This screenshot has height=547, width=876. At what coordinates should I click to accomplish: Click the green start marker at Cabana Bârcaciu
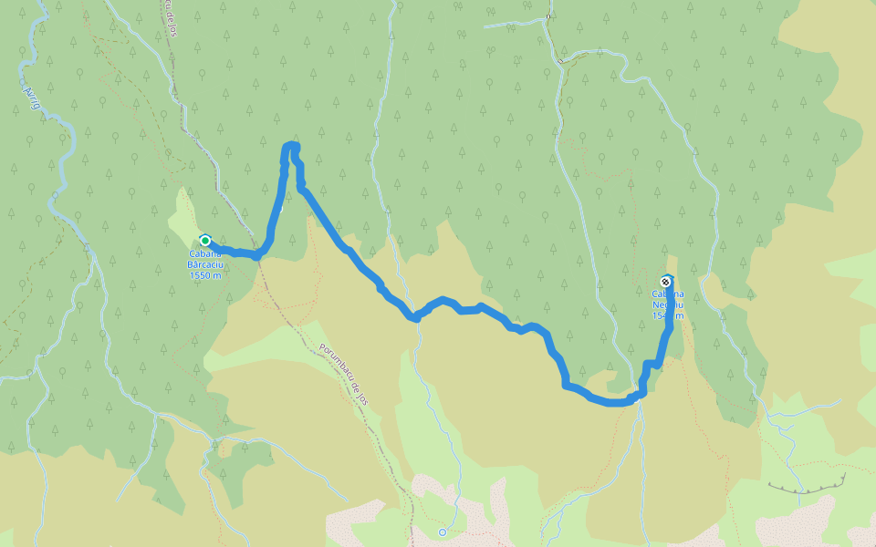[x=205, y=241]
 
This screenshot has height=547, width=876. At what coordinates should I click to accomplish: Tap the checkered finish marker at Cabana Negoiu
[x=666, y=282]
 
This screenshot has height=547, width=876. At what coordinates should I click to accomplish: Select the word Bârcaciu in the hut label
[x=206, y=265]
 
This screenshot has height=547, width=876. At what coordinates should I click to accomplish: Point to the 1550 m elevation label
[x=205, y=275]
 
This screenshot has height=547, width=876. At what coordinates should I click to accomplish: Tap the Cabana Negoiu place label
[x=668, y=300]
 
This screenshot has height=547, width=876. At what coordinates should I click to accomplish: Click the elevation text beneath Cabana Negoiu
[x=668, y=316]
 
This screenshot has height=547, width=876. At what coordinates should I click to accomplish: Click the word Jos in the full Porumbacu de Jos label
[x=364, y=397]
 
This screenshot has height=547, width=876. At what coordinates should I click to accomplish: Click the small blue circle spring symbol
[x=443, y=532]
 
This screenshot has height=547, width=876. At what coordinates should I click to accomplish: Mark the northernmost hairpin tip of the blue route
[x=291, y=146]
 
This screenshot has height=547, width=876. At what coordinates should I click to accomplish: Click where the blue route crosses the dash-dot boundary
[x=258, y=255]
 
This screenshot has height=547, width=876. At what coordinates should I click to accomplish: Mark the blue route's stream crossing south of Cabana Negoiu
[x=639, y=397]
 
